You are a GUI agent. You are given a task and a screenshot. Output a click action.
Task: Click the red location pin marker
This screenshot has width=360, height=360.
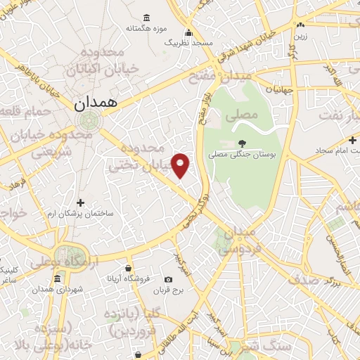(x=181, y=165)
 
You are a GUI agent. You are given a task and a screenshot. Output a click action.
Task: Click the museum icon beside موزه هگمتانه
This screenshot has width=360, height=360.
(x=146, y=18)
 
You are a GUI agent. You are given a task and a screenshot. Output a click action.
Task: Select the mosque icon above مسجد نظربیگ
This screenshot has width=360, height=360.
(x=188, y=32)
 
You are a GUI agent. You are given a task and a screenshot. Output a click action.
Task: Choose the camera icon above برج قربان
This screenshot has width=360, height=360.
(x=168, y=279)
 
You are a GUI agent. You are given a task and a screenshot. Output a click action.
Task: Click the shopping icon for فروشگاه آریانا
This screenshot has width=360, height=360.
(x=128, y=268)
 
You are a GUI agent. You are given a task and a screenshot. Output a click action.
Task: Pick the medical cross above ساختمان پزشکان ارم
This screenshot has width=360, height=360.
(x=80, y=202)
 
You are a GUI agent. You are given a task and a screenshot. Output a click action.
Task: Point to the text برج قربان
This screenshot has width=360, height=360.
(x=168, y=290)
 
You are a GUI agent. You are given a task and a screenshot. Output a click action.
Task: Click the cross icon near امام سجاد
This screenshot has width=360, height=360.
(x=352, y=140)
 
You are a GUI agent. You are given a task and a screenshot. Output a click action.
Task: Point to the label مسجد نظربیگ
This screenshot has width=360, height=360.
(x=188, y=43)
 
